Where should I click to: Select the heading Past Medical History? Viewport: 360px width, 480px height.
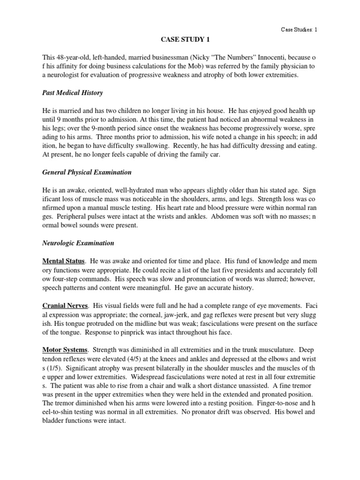pyautogui.click(x=72, y=93)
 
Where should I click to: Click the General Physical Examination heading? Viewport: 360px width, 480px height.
pyautogui.click(x=87, y=172)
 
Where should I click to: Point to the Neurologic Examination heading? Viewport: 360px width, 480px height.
pyautogui.click(x=78, y=243)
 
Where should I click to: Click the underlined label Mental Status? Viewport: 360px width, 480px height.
pyautogui.click(x=63, y=261)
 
